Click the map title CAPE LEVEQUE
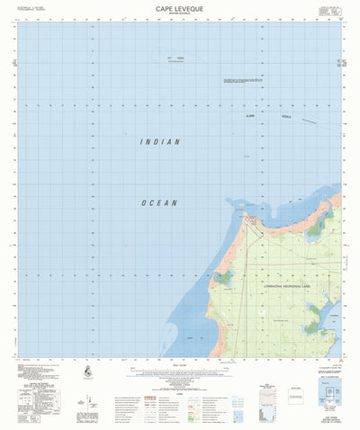pyautogui.click(x=179, y=6)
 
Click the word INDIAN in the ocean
pyautogui.click(x=160, y=142)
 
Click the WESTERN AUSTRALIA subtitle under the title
pyautogui.click(x=179, y=13)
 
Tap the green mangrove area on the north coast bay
pyautogui.click(x=314, y=228)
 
